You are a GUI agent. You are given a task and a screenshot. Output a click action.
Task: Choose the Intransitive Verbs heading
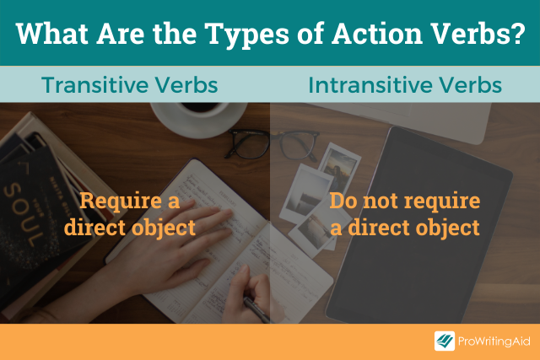405,85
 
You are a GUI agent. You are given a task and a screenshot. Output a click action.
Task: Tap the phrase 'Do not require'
404,201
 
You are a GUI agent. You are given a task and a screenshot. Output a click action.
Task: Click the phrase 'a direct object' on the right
404,227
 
